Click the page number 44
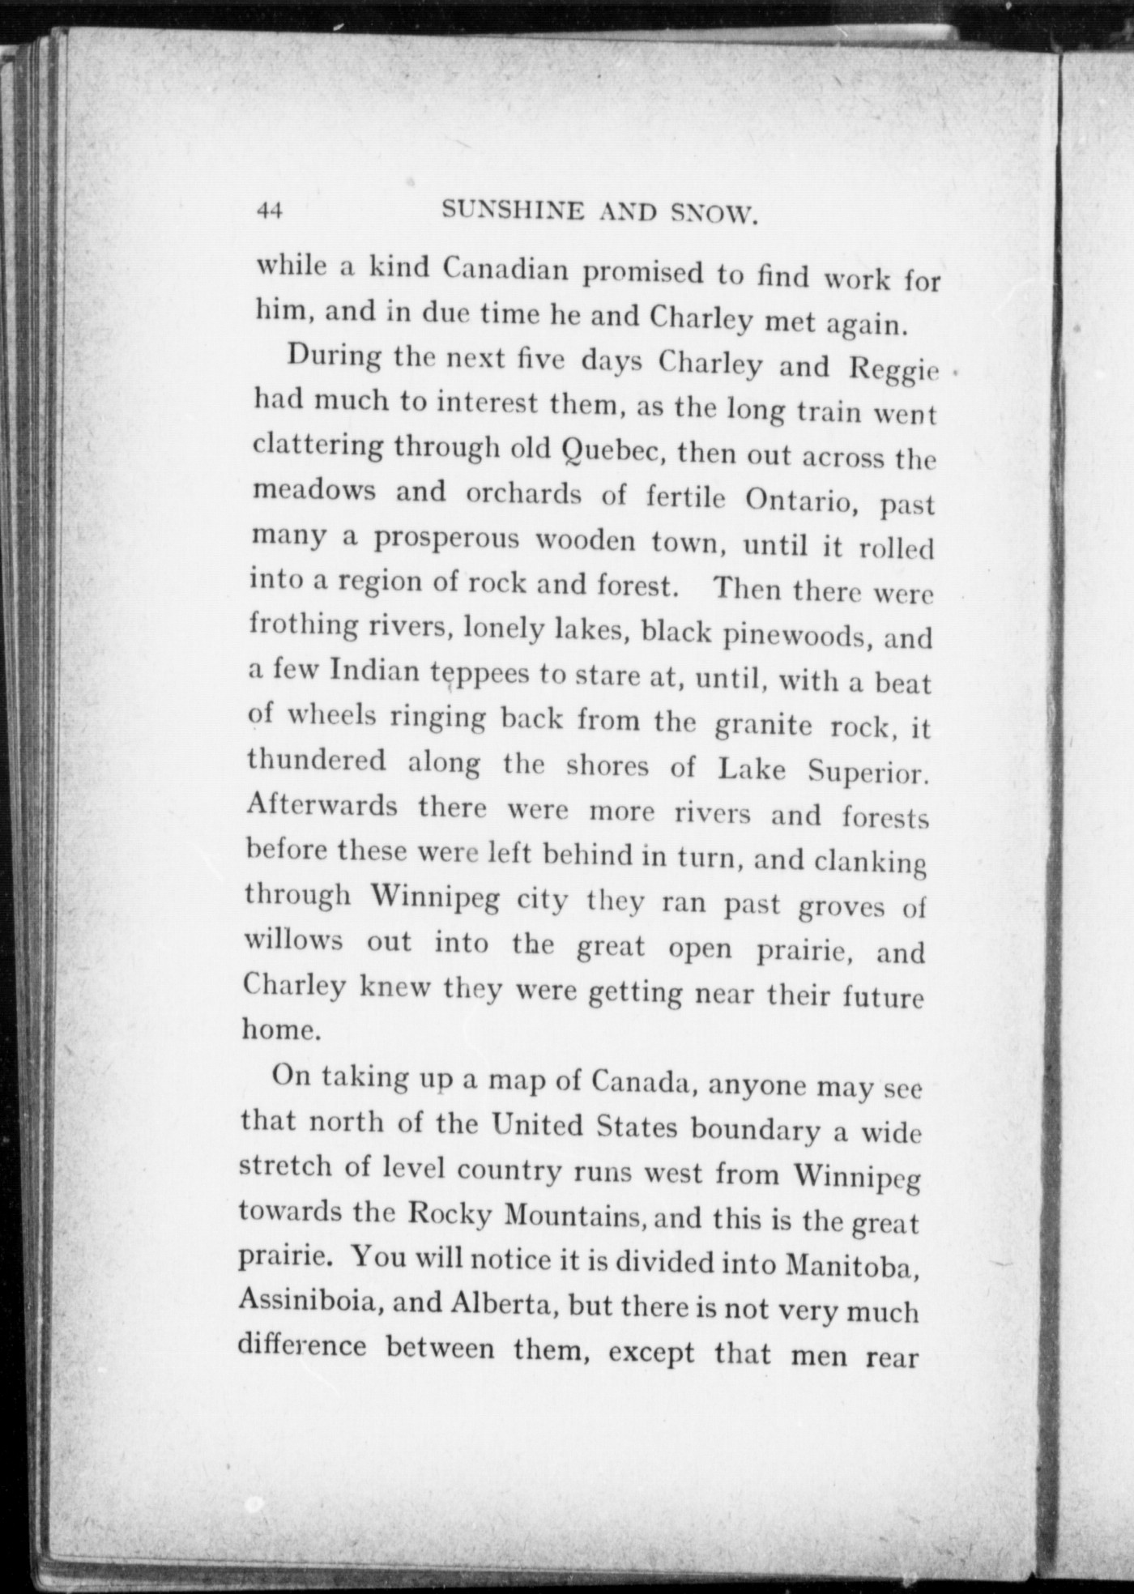269,211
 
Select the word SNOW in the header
714,215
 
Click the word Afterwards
322,805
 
